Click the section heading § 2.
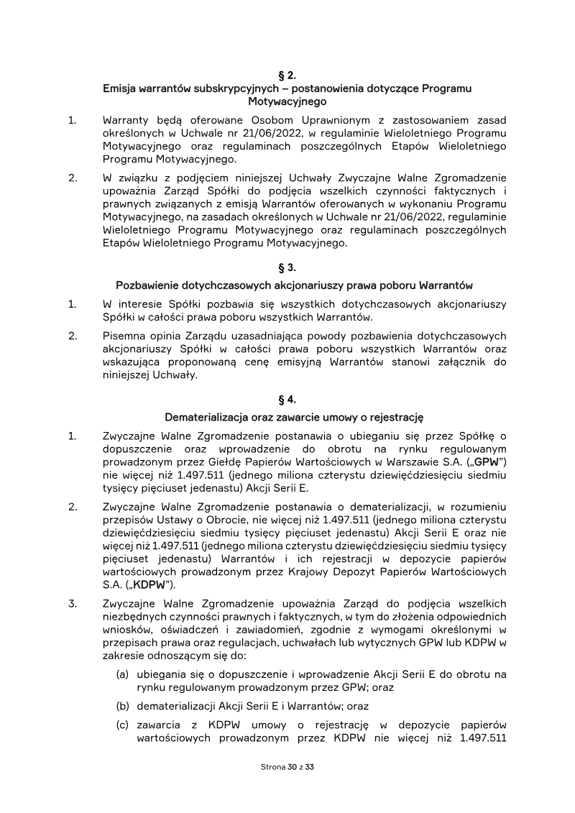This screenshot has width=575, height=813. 287,75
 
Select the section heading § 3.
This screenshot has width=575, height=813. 287,269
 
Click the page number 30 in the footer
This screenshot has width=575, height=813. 291,767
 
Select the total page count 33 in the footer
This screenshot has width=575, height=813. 310,767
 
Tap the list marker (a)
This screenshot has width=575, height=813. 123,674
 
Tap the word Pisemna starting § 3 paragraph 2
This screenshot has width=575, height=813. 125,336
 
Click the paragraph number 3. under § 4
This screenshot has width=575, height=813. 73,602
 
